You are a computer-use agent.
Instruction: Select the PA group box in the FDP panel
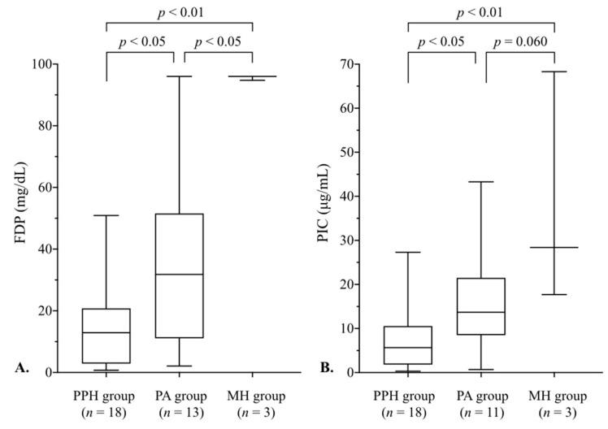pyautogui.click(x=179, y=275)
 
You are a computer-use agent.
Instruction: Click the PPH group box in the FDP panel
pyautogui.click(x=106, y=336)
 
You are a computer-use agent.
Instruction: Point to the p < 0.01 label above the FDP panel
pyautogui.click(x=180, y=11)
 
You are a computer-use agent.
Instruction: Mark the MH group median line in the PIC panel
pyautogui.click(x=554, y=247)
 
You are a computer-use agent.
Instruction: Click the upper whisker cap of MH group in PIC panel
pyautogui.click(x=554, y=71)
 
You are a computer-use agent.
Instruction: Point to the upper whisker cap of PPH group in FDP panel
pyautogui.click(x=106, y=215)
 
